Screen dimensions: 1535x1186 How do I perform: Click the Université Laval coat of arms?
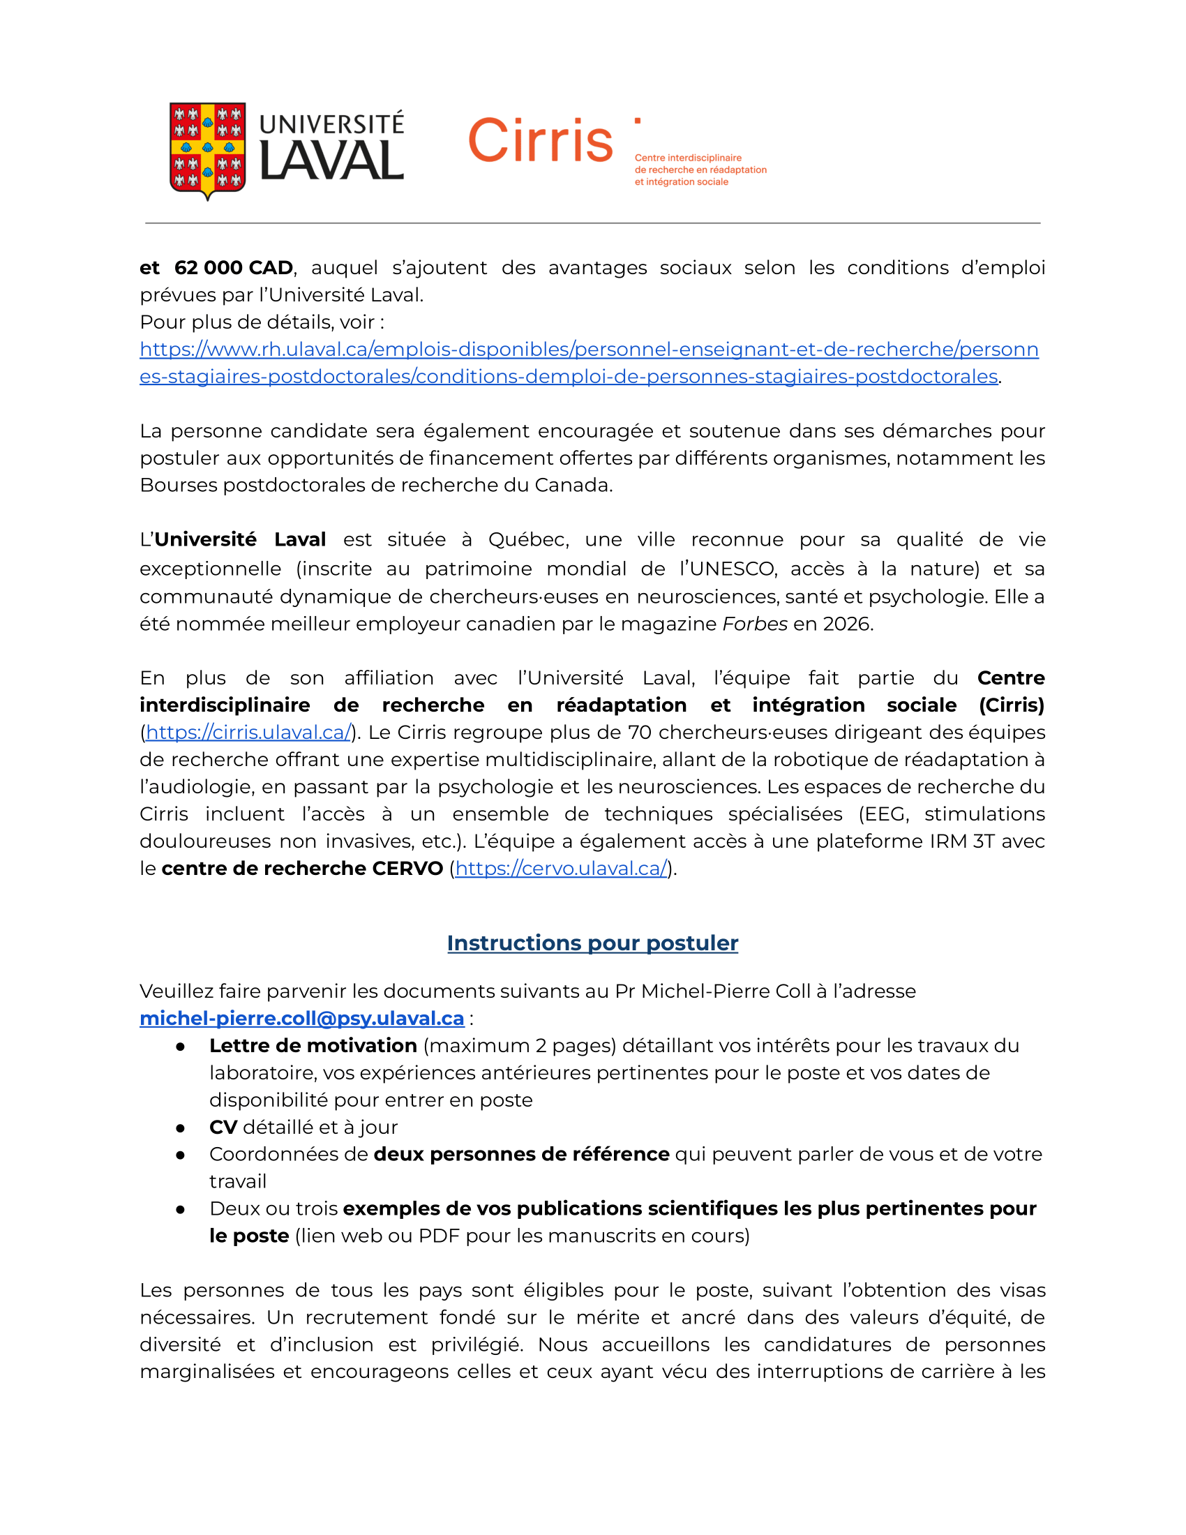click(x=207, y=150)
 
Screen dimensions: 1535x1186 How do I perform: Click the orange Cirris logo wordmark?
click(x=539, y=140)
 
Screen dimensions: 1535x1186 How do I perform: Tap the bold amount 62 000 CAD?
click(x=233, y=268)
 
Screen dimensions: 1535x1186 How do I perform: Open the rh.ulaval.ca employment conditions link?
click(x=589, y=350)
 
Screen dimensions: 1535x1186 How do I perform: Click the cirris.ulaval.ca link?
click(x=248, y=733)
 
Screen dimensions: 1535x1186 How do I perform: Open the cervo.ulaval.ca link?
click(x=561, y=869)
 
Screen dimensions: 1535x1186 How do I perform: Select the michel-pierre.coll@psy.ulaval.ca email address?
click(x=302, y=1019)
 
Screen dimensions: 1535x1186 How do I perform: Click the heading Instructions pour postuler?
click(x=592, y=943)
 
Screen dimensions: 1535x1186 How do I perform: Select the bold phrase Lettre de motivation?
click(x=313, y=1046)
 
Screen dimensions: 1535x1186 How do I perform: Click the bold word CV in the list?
click(x=223, y=1128)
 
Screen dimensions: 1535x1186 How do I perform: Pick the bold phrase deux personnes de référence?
click(x=521, y=1154)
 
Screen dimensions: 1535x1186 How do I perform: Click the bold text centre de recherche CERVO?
click(x=302, y=869)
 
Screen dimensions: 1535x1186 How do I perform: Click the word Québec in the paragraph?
click(x=527, y=540)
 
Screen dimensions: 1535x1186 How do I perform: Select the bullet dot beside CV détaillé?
click(x=181, y=1128)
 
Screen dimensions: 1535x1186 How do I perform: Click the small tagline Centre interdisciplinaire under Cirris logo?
click(x=688, y=158)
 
